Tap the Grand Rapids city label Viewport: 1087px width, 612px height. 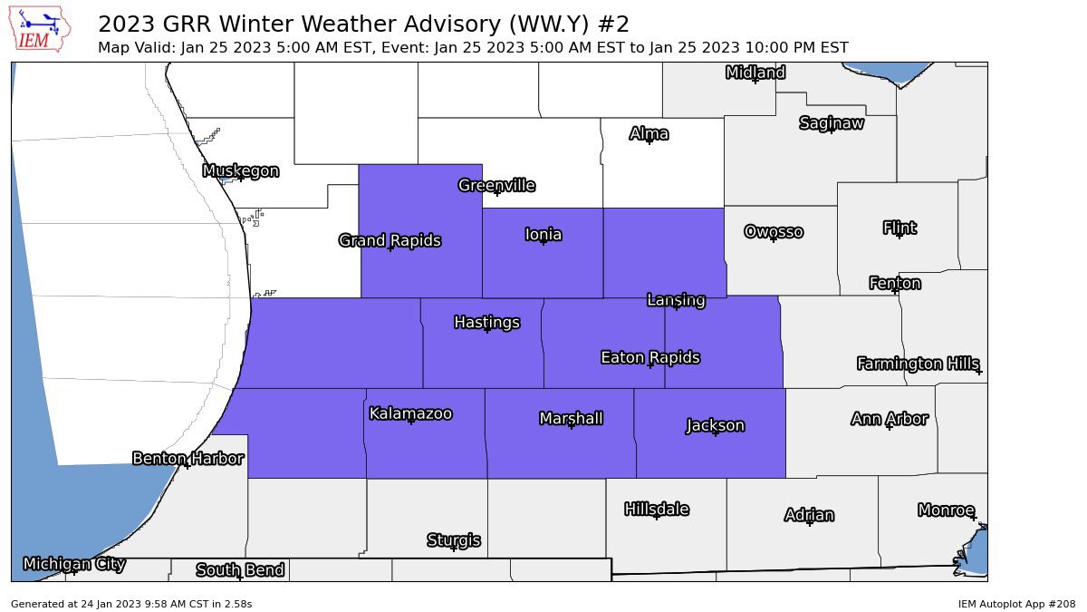pyautogui.click(x=390, y=240)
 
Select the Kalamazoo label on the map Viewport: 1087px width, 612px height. pyautogui.click(x=410, y=413)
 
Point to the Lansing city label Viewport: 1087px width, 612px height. pyautogui.click(x=676, y=299)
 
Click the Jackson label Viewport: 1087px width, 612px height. pyautogui.click(x=715, y=425)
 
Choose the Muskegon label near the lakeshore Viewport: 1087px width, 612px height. pyautogui.click(x=240, y=170)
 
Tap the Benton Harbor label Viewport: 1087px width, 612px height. pyautogui.click(x=188, y=458)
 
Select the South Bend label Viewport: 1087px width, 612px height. pyautogui.click(x=240, y=569)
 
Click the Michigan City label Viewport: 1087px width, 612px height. pyautogui.click(x=74, y=564)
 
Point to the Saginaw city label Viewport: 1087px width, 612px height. pyautogui.click(x=831, y=123)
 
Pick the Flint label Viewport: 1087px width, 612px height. pyautogui.click(x=899, y=228)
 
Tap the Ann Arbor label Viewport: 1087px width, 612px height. pyautogui.click(x=889, y=419)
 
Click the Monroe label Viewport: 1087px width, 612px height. pyautogui.click(x=946, y=510)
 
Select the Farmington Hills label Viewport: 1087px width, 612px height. pyautogui.click(x=918, y=364)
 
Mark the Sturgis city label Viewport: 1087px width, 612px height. pyautogui.click(x=453, y=540)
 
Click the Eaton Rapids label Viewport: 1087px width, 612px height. pyautogui.click(x=649, y=357)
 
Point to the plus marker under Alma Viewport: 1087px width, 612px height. pyautogui.click(x=649, y=141)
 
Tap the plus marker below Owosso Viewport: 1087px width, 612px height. pyautogui.click(x=774, y=238)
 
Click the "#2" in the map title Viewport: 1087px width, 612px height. pyautogui.click(x=613, y=24)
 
